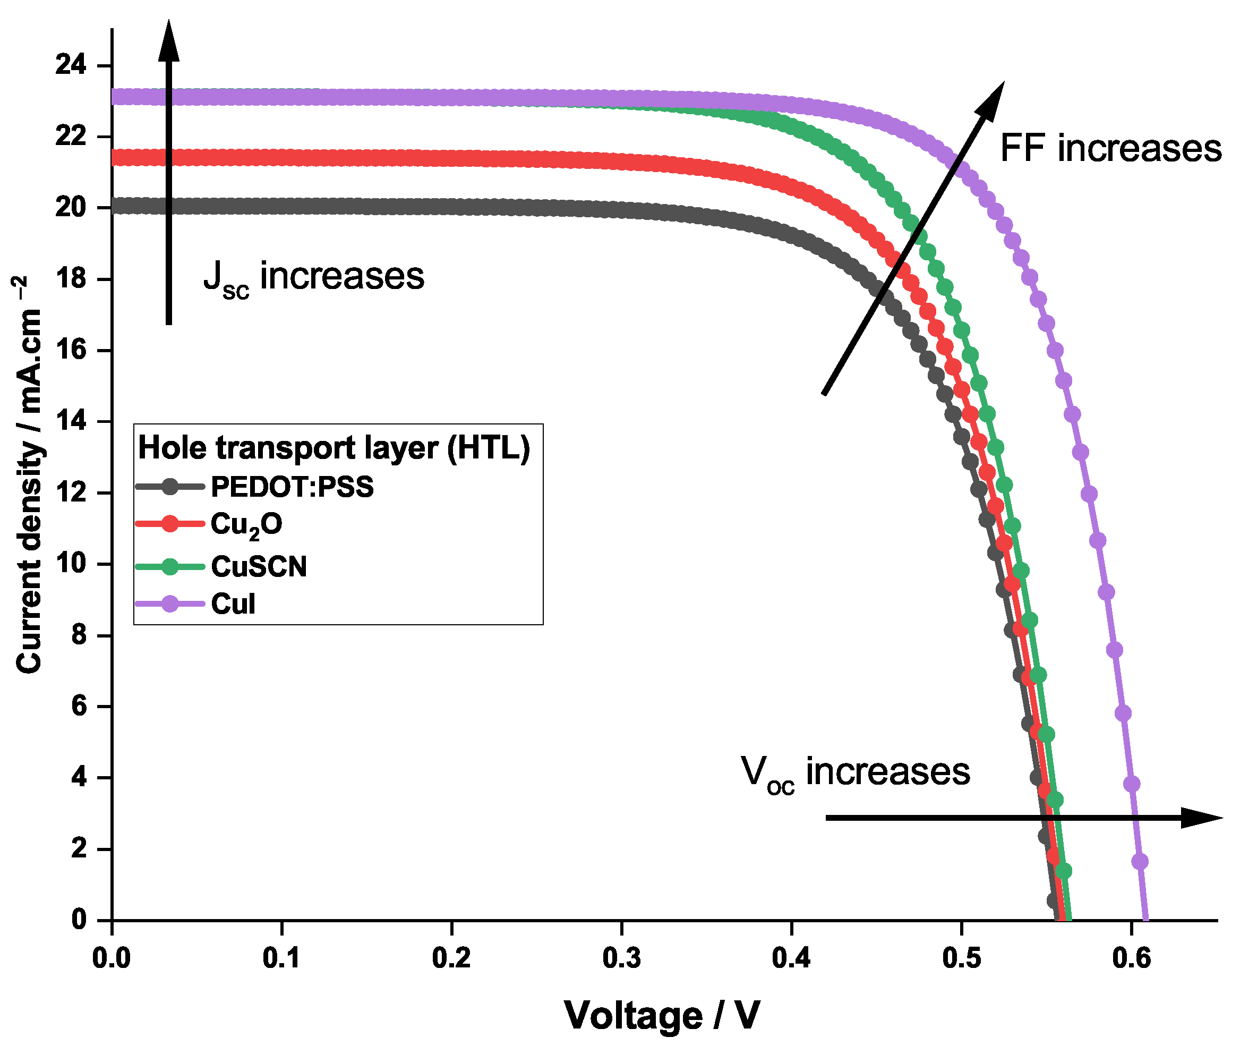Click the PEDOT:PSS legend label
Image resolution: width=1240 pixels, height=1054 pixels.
292,487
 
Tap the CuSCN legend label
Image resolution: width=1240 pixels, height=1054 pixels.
259,566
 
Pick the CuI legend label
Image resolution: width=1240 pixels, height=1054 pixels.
233,603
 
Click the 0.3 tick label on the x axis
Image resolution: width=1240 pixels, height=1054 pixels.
621,958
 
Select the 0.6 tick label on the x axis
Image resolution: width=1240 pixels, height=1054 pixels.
1131,958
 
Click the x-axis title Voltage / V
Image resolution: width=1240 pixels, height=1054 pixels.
662,1015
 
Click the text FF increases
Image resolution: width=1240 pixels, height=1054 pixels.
1110,148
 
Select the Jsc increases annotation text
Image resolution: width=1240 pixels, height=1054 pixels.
313,277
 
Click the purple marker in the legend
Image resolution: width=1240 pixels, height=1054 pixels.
170,603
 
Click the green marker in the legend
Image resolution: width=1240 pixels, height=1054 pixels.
170,566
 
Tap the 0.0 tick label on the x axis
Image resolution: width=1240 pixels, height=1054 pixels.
111,958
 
